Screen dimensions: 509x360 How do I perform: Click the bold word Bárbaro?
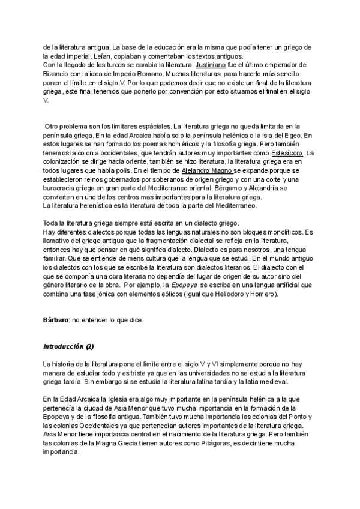pos(55,320)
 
